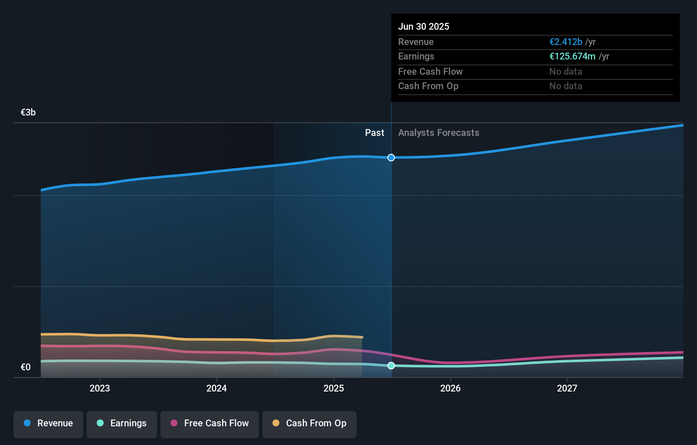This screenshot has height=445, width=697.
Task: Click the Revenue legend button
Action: pyautogui.click(x=48, y=424)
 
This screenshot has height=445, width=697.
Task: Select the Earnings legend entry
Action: pyautogui.click(x=122, y=424)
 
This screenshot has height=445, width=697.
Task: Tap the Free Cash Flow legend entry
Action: pyautogui.click(x=210, y=424)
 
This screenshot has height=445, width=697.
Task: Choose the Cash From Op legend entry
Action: pyautogui.click(x=309, y=424)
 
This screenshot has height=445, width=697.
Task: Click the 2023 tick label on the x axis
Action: pyautogui.click(x=100, y=389)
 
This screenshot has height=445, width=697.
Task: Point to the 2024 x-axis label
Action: pyautogui.click(x=216, y=389)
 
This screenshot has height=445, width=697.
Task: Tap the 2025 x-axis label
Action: pyautogui.click(x=334, y=389)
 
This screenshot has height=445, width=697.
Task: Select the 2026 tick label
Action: pyautogui.click(x=450, y=389)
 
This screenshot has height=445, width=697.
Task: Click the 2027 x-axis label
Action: pyautogui.click(x=567, y=389)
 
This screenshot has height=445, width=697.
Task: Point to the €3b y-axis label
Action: pyautogui.click(x=28, y=113)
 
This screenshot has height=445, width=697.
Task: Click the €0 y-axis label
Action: pyautogui.click(x=26, y=367)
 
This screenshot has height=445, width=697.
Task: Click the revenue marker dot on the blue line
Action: pyautogui.click(x=391, y=158)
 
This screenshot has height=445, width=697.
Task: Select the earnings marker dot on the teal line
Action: pyautogui.click(x=391, y=366)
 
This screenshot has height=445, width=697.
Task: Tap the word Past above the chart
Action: pyautogui.click(x=374, y=133)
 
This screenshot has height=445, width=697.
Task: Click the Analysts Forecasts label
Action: pyautogui.click(x=438, y=133)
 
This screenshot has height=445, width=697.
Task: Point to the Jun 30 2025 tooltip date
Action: pyautogui.click(x=424, y=27)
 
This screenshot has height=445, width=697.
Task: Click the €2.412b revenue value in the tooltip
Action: pyautogui.click(x=566, y=42)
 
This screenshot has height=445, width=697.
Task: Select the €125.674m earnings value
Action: pyautogui.click(x=572, y=56)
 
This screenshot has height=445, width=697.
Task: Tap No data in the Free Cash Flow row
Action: pyautogui.click(x=565, y=72)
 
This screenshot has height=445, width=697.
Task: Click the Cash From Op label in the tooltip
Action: pyautogui.click(x=428, y=86)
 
